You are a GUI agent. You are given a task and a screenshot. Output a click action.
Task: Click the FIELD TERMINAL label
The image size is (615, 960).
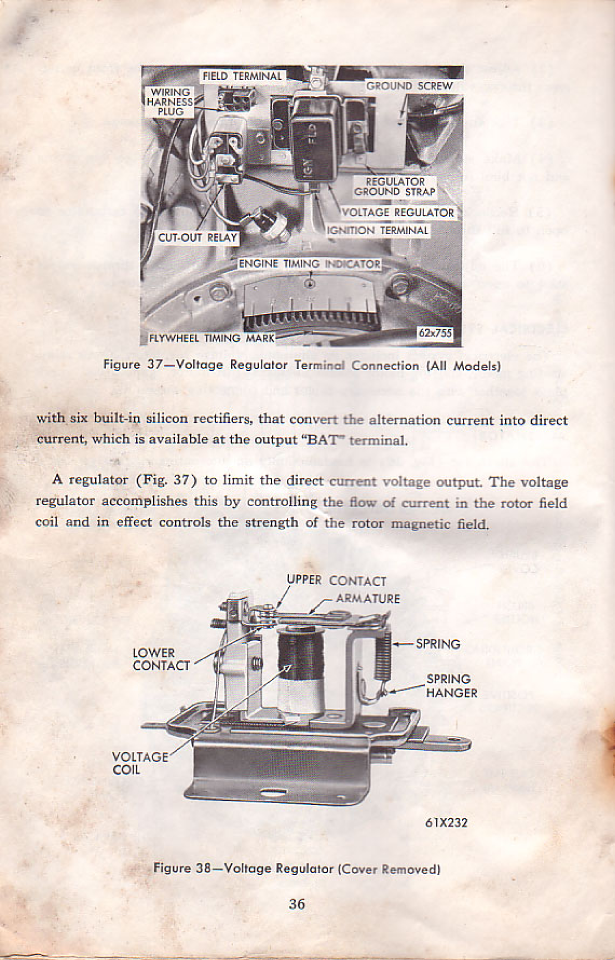coord(242,76)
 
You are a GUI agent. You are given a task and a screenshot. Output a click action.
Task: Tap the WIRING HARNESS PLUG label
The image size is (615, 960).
coord(170,102)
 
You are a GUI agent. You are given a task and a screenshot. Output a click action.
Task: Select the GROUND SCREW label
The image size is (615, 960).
coord(409,86)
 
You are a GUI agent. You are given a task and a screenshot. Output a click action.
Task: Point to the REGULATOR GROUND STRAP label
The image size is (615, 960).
coord(395,187)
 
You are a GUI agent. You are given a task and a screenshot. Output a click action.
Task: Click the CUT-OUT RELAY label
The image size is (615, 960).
coord(198,238)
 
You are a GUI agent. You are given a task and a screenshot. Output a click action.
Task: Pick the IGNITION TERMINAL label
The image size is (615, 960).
coord(377,231)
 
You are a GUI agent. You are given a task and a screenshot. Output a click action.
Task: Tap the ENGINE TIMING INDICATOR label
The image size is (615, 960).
coord(309,264)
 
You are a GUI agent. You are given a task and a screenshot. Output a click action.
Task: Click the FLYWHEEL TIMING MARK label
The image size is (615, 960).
coord(211,338)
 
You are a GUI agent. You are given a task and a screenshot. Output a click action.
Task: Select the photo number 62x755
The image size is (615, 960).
coord(435,333)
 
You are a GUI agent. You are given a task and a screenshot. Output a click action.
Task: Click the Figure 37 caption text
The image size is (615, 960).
coord(302,365)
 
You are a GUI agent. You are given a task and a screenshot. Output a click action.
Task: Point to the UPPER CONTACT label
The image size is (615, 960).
coord(336,580)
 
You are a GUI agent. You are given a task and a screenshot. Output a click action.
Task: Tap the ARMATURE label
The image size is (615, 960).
coord(367,599)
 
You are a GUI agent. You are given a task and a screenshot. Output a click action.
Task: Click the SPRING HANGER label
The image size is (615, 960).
coord(451,686)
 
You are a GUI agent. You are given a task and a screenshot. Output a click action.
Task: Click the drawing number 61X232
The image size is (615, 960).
coord(446,822)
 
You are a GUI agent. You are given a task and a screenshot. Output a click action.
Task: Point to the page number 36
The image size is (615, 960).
coord(297,904)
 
